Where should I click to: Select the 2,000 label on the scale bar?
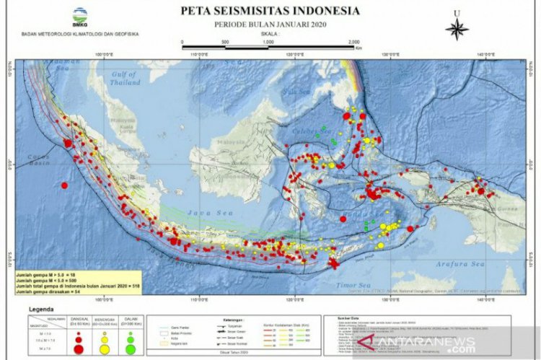point(354,43)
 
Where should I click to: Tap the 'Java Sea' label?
point(202,213)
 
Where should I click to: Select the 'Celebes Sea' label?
point(309,132)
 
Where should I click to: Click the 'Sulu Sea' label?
point(295,92)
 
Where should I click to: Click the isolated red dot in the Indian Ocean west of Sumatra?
point(64,185)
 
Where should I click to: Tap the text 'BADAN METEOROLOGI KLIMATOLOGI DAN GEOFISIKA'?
point(79,34)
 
